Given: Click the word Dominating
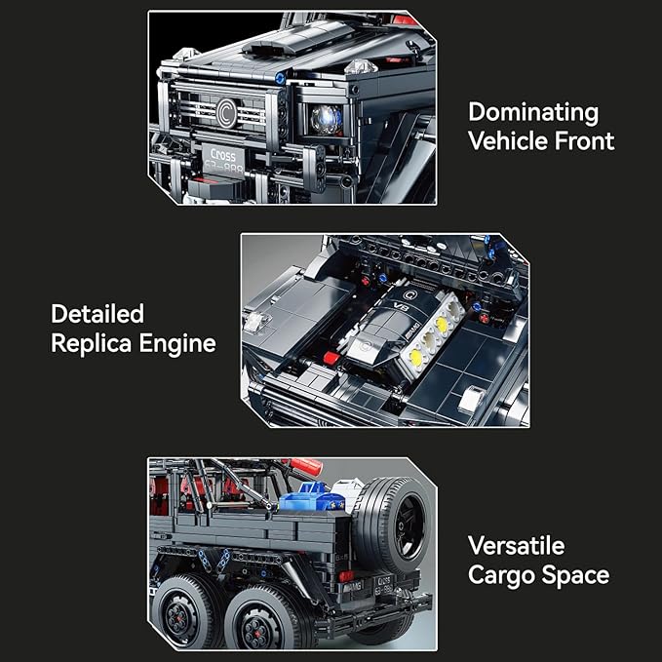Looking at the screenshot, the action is (x=533, y=113).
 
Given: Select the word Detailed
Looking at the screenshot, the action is (x=97, y=314).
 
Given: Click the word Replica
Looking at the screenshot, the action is (x=92, y=343).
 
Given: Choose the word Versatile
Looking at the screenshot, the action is (x=517, y=546).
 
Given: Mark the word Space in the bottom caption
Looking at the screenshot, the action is (x=575, y=576).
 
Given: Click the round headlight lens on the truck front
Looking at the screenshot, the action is (x=326, y=119).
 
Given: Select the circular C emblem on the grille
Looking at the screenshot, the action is (x=226, y=113).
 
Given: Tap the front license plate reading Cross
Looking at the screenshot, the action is (x=223, y=160).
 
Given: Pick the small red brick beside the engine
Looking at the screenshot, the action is (x=331, y=358).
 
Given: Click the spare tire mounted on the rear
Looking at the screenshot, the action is (x=392, y=525).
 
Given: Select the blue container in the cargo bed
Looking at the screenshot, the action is (x=312, y=498).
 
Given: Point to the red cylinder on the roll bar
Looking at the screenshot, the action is (x=306, y=466).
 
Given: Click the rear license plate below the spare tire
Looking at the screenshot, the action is (x=384, y=584).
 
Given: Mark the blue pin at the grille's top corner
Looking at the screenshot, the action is (x=280, y=78).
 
